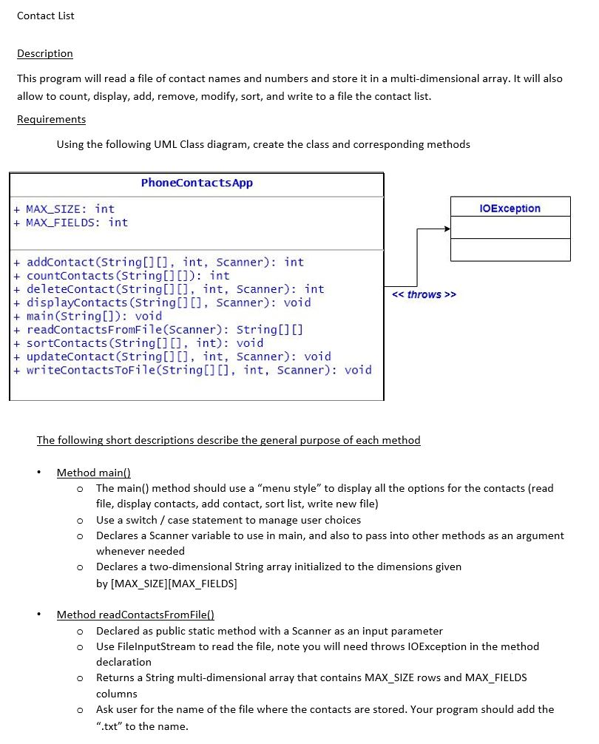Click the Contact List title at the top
click(45, 16)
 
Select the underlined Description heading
click(45, 53)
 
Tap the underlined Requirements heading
click(51, 119)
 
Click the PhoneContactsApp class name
click(197, 183)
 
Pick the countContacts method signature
click(127, 276)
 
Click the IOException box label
click(510, 209)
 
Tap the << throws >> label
click(424, 294)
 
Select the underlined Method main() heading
click(93, 473)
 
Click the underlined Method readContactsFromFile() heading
click(135, 615)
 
